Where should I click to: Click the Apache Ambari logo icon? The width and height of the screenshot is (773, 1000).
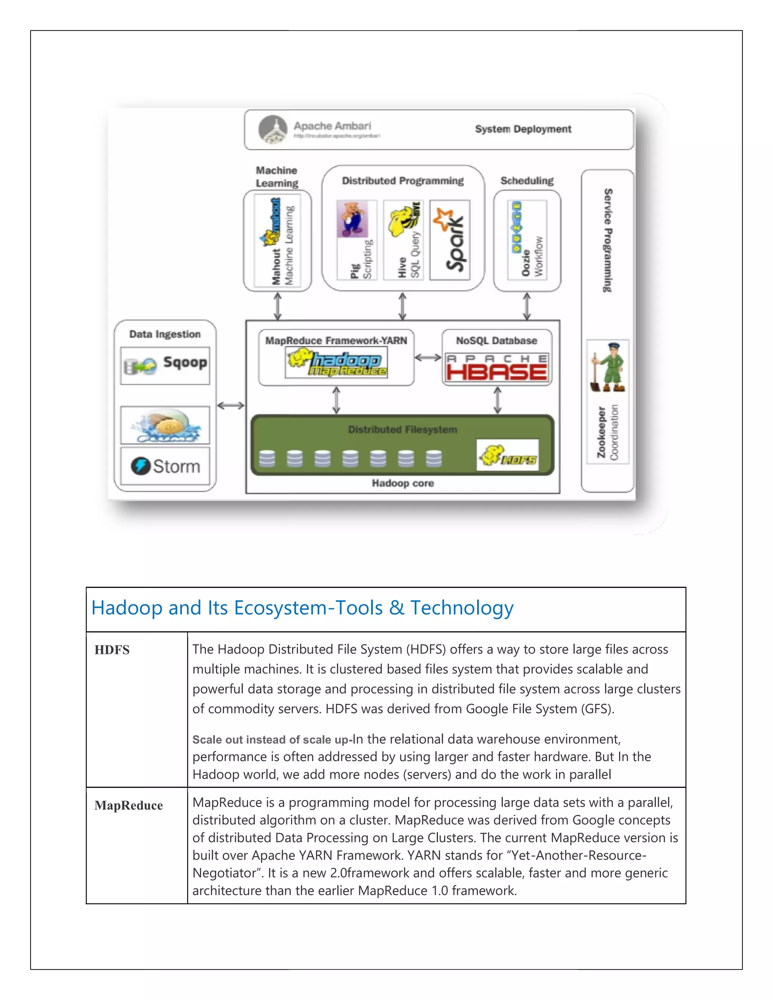[x=273, y=129]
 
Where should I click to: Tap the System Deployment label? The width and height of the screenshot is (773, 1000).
[x=523, y=129]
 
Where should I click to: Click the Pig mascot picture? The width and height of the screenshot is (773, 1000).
[x=353, y=219]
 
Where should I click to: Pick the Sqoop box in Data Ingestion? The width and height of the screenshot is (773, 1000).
[x=165, y=365]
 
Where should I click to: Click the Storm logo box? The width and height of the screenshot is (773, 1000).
[x=165, y=466]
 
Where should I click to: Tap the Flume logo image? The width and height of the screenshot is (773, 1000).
[x=165, y=425]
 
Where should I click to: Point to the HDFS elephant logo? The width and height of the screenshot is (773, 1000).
[x=507, y=455]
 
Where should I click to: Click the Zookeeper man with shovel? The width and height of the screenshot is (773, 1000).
[x=608, y=367]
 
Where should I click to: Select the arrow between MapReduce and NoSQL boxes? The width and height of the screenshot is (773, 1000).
[x=428, y=358]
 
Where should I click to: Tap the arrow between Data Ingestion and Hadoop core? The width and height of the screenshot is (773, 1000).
[x=231, y=405]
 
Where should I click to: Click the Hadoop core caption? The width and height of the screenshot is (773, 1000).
[x=402, y=483]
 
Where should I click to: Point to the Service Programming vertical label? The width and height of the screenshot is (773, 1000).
[x=608, y=240]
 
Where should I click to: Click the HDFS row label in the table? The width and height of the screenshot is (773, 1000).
[x=112, y=650]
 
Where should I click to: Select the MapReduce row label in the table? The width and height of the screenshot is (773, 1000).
[x=129, y=805]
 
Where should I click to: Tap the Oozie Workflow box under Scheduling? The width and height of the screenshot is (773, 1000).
[x=527, y=240]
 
